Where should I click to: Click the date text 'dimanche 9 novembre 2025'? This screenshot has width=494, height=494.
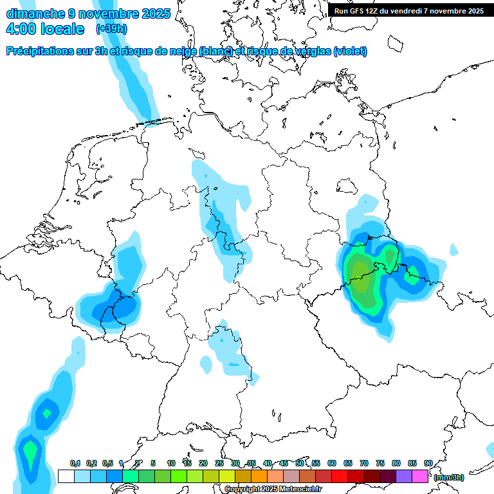[88, 13]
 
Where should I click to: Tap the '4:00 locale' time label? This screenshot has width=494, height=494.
[44, 29]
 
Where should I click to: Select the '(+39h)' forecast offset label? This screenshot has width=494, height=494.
[111, 29]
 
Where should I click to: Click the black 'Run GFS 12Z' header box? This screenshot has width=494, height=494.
[409, 10]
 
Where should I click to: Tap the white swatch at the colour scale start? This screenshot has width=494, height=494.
[65, 477]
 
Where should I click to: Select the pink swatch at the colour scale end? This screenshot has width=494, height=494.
[420, 477]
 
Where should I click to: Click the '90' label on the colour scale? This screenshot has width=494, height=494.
[428, 463]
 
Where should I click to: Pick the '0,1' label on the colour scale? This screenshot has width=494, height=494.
[75, 463]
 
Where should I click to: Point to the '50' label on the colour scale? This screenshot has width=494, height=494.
[300, 463]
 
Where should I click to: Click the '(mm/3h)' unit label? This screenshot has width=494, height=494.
[448, 477]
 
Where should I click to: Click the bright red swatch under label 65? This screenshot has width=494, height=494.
[340, 477]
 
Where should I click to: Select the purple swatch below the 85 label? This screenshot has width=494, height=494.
[404, 477]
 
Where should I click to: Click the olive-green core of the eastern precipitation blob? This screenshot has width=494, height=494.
[363, 283]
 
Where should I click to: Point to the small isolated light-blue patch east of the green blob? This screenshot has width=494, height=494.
[454, 249]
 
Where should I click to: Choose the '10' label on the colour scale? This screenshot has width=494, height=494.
[171, 463]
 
